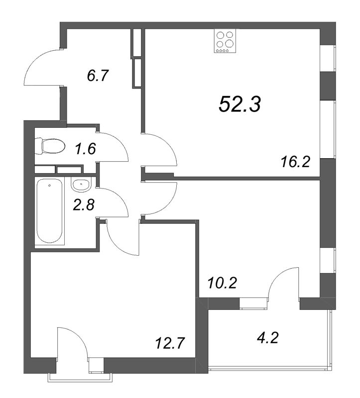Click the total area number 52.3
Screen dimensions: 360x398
point(240,104)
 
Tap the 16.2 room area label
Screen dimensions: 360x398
point(295,162)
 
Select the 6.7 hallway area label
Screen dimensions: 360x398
point(98,76)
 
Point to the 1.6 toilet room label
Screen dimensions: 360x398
point(85,149)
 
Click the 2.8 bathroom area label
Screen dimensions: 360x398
point(84,205)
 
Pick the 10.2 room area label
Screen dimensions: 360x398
point(222,283)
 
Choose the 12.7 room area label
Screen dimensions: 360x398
point(169,343)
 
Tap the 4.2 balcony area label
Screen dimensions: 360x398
point(268,338)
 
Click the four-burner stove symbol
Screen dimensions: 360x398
point(225,41)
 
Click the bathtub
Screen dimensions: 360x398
point(49,211)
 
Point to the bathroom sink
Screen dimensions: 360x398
point(81,184)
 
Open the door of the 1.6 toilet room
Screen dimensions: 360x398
point(119,143)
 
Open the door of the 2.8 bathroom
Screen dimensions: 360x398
point(119,199)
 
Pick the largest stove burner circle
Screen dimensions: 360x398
point(230,44)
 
